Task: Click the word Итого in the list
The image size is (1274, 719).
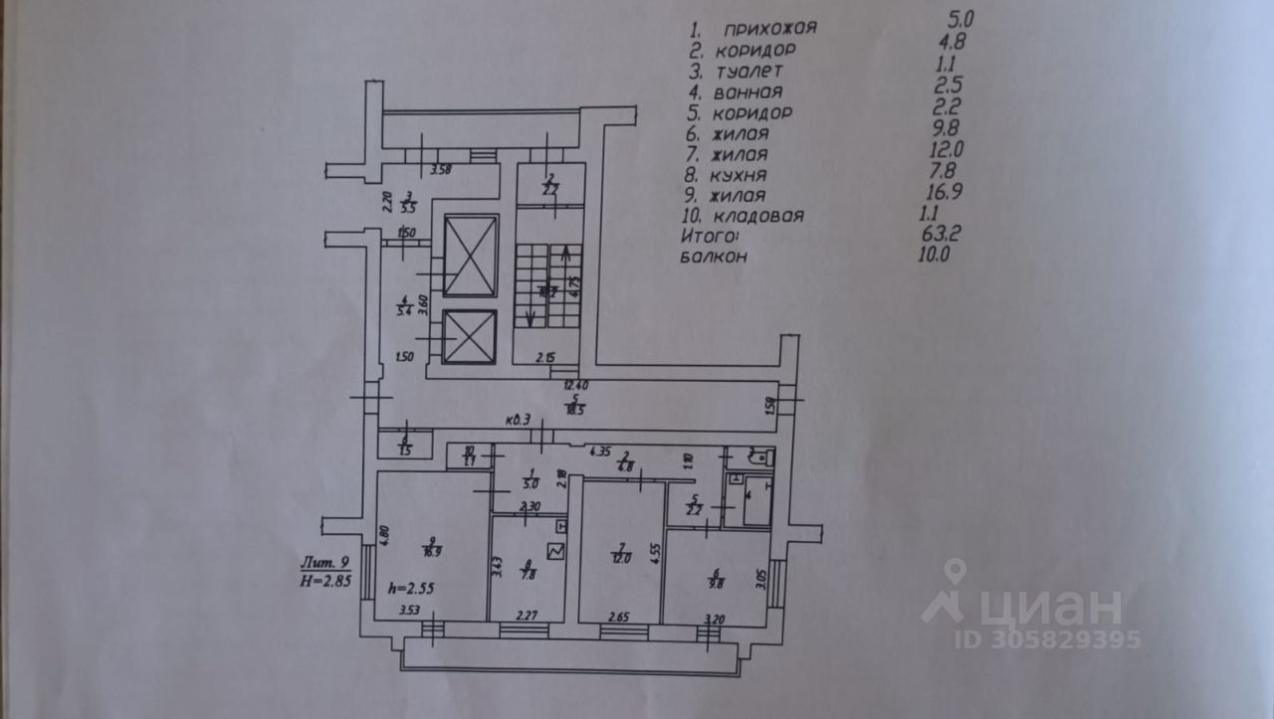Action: [x=711, y=238]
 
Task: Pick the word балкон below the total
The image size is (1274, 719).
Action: [x=715, y=257]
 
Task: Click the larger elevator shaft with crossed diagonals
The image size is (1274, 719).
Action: [x=470, y=255]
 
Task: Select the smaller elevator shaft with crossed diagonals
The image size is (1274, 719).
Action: [x=470, y=339]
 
